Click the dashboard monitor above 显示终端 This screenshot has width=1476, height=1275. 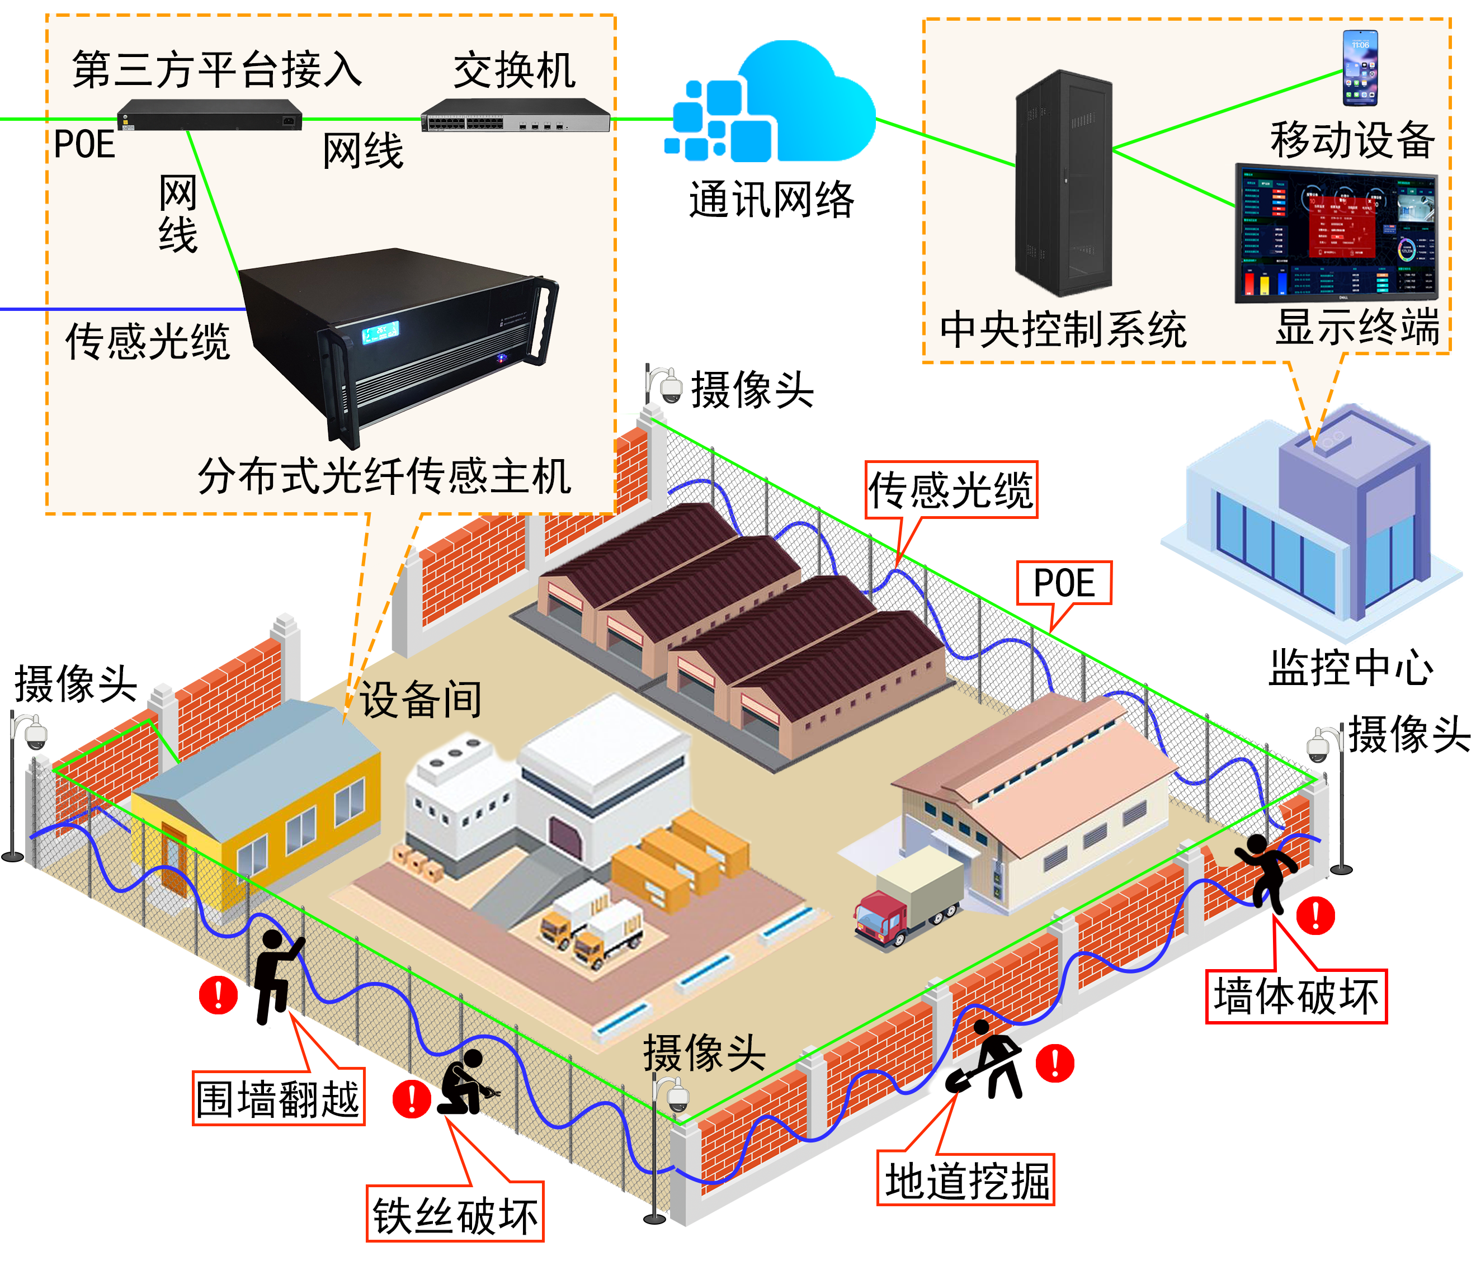pos(1336,233)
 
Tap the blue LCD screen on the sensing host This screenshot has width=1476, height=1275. pos(380,332)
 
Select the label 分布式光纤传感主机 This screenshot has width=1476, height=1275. pos(385,476)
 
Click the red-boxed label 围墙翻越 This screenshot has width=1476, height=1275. pos(279,1098)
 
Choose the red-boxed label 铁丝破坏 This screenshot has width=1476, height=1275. pos(455,1215)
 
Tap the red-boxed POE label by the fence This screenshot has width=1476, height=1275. pos(1064,583)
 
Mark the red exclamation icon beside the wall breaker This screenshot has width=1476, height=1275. pos(1315,915)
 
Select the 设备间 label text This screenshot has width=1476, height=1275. pos(420,700)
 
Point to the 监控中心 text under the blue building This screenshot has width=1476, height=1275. pos(1351,668)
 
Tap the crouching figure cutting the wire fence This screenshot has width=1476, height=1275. pos(463,1083)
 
